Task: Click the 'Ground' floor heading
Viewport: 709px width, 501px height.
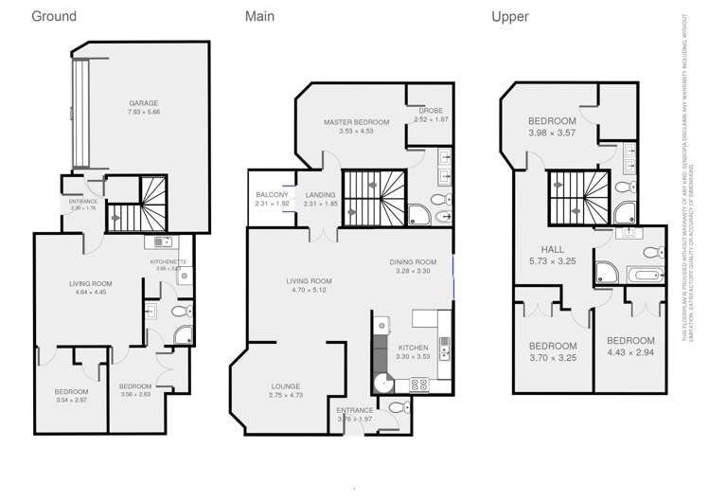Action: point(54,16)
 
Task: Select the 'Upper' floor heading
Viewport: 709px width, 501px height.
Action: point(509,16)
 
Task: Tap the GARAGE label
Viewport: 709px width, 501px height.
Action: point(144,103)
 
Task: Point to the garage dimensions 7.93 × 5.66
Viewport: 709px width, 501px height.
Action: point(144,112)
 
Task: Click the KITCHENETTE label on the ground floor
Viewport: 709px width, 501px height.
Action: point(168,261)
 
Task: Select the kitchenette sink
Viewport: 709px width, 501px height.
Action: point(161,242)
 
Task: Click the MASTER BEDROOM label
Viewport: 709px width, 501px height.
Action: point(356,122)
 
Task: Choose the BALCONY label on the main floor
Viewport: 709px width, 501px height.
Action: point(271,194)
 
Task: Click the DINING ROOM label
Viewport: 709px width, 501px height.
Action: point(413,262)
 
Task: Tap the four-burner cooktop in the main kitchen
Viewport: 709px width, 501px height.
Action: point(417,384)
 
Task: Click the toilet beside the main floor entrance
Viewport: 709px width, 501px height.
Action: point(398,408)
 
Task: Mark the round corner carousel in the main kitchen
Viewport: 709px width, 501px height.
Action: point(381,383)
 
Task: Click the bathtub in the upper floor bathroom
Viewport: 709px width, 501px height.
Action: point(646,276)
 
